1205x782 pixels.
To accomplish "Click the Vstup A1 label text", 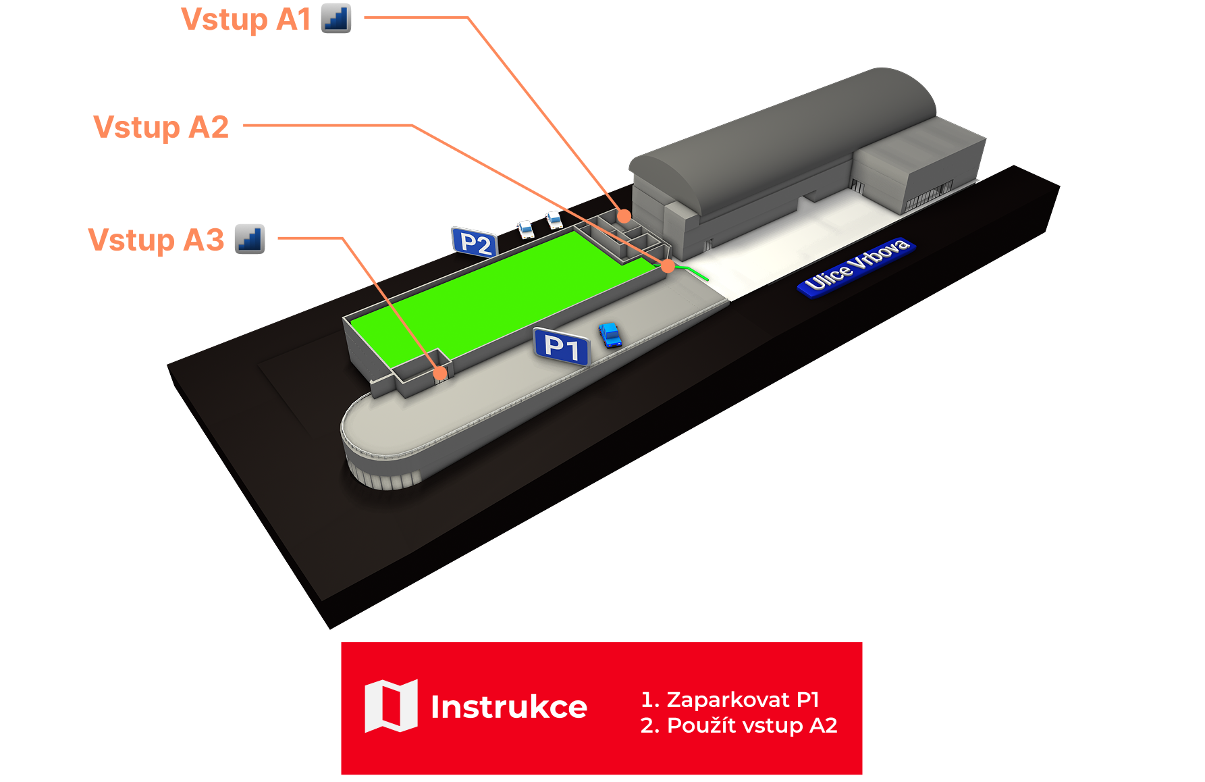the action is click(246, 20).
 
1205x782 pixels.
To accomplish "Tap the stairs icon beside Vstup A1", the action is click(336, 18).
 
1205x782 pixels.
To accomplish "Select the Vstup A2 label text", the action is click(161, 127).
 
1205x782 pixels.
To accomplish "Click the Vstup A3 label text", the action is click(156, 240).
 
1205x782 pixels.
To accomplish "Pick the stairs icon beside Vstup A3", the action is click(250, 239).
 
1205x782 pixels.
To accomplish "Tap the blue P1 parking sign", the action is click(561, 346).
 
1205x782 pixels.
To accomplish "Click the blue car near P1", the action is click(610, 335).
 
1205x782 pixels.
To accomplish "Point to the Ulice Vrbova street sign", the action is click(856, 266).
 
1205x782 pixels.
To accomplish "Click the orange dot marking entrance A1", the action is click(624, 216).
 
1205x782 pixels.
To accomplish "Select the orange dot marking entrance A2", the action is click(668, 266).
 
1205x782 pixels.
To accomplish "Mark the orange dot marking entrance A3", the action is click(440, 373).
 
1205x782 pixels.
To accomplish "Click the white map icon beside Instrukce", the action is click(391, 706).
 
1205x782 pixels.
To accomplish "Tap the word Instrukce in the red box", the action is click(508, 707).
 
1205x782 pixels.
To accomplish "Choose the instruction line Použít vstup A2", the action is click(739, 725).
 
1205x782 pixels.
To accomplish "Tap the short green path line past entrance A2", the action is click(694, 272).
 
